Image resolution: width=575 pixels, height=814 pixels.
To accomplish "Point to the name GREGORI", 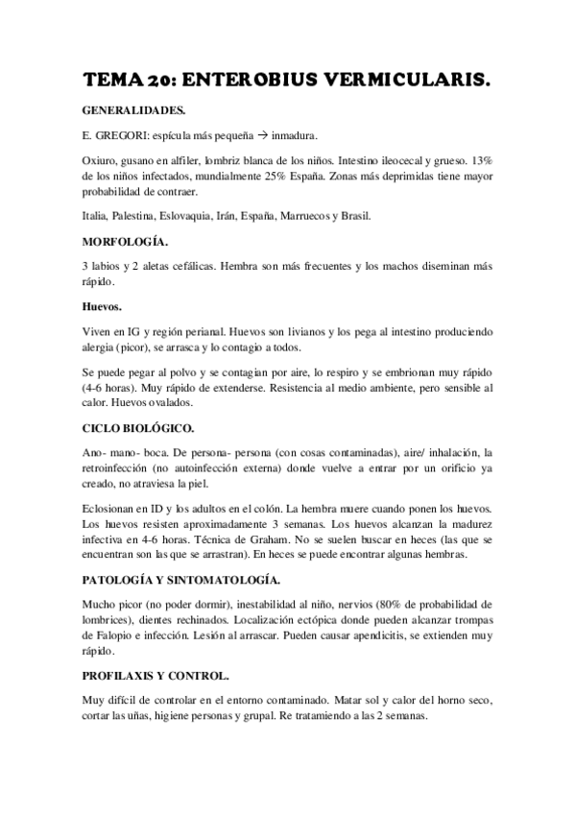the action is coord(120,134).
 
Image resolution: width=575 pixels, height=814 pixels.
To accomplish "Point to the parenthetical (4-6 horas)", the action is coord(114,389).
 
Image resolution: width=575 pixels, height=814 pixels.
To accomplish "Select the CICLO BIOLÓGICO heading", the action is coord(138,429).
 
